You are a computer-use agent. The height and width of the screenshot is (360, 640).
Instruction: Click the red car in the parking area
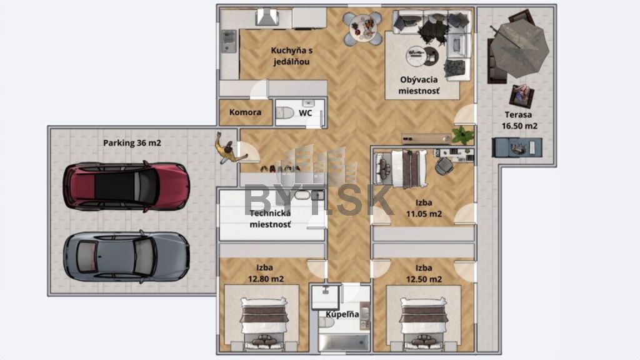coord(126,186)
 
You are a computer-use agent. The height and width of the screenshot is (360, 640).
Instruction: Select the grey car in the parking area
coord(126,257)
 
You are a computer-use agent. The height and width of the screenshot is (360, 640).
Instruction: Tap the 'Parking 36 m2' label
coord(132,143)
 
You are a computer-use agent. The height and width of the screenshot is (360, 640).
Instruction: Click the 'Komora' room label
coord(245,112)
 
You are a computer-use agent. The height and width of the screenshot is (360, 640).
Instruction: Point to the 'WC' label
coord(305,112)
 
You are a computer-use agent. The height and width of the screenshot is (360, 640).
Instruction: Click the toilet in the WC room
coord(284,112)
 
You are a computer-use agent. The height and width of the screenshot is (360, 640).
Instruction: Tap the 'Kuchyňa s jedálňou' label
coord(291,56)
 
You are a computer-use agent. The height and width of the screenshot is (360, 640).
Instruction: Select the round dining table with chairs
coord(362,28)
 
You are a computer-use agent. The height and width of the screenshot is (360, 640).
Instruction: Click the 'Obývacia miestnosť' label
coord(419,85)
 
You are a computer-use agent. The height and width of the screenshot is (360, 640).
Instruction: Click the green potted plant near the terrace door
coord(463,135)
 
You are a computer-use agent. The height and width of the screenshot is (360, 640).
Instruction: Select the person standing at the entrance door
coord(229,149)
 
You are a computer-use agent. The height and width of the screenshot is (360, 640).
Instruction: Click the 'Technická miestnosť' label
coord(270,219)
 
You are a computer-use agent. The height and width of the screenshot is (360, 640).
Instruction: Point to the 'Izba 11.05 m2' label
coord(424,208)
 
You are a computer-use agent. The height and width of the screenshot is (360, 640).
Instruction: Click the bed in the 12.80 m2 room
coord(263,324)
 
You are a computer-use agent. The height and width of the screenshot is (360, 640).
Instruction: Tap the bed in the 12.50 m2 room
coord(423,324)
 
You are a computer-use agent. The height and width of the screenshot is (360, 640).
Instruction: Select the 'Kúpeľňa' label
coord(342,314)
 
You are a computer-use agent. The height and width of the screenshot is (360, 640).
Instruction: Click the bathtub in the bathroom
coord(344,343)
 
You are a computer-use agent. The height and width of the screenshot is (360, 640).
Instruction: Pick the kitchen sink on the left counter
coord(229,41)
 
